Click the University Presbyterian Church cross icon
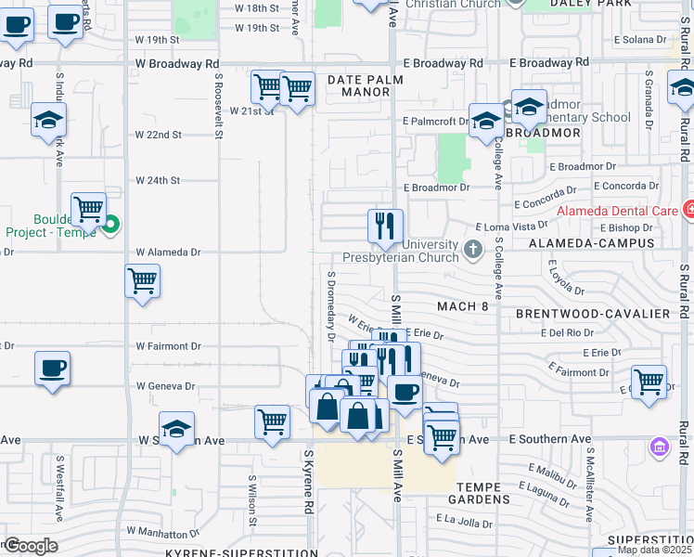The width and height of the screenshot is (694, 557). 473,250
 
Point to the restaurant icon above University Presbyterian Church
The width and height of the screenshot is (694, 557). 385,226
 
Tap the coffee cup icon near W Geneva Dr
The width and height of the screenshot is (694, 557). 53,368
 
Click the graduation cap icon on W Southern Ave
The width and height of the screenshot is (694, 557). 176,428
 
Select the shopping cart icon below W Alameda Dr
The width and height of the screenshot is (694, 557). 142,280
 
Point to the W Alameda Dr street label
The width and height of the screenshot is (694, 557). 168,252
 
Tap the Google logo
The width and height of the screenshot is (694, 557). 31,546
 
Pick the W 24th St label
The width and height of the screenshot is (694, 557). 157,180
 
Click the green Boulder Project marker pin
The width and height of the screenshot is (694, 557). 111,224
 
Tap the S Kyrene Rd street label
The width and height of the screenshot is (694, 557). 308,483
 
